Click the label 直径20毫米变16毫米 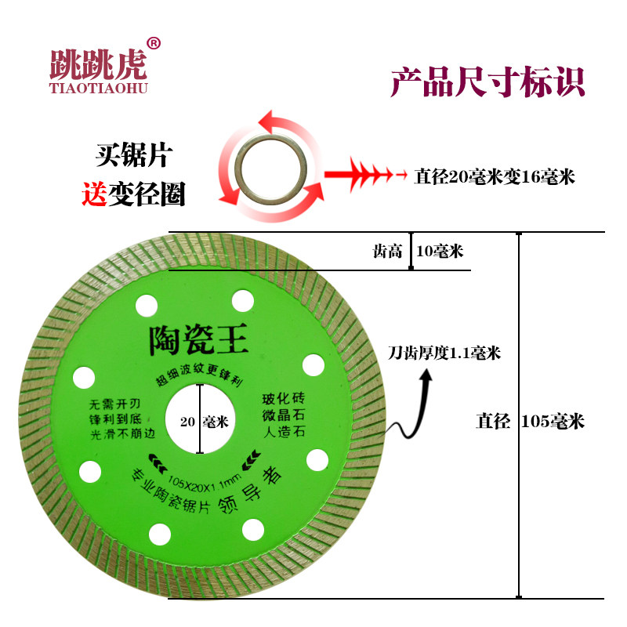pyautogui.click(x=494, y=176)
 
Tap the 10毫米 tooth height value pyautogui.click(x=439, y=252)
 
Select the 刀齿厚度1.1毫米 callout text pyautogui.click(x=444, y=353)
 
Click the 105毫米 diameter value pyautogui.click(x=553, y=421)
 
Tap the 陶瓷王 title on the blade pyautogui.click(x=198, y=339)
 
